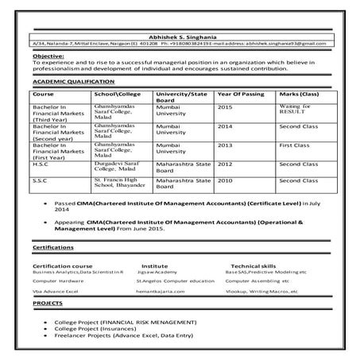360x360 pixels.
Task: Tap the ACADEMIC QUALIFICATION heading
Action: point(70,81)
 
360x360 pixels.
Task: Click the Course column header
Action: point(45,94)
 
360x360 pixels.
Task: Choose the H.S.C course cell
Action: point(42,164)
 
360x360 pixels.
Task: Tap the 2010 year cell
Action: point(225,182)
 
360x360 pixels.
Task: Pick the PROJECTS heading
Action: point(48,304)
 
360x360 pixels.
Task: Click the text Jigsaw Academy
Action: point(156,272)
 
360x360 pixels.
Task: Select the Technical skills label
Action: point(253,265)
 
